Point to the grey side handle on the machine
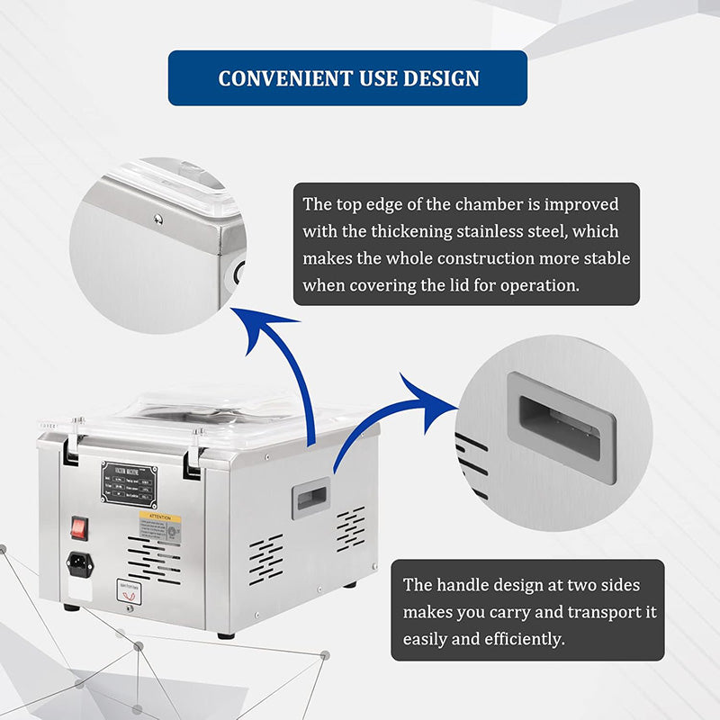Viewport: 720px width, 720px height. (310, 498)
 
